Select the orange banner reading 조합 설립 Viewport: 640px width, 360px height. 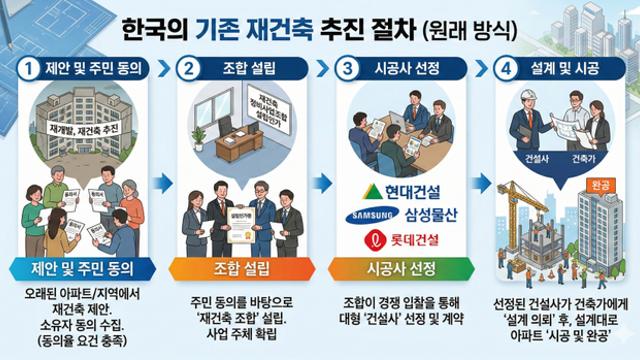[x=239, y=268]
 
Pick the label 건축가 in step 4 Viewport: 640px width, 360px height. [x=582, y=159]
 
